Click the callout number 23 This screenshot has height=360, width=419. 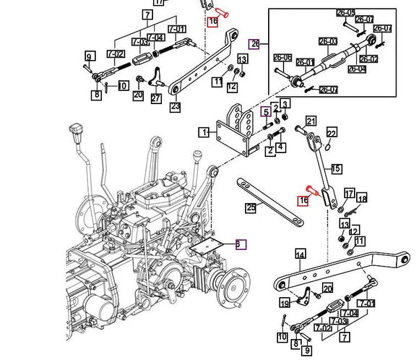point(175,107)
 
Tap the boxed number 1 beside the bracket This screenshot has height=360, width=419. point(205,132)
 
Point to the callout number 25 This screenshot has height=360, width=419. point(250,208)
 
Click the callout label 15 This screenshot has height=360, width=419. point(335,168)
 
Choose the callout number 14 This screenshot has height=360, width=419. point(300,254)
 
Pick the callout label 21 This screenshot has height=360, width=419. point(311,121)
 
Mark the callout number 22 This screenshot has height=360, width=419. point(332,134)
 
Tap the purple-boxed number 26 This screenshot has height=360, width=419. point(254,44)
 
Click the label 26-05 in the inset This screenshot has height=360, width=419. point(345,13)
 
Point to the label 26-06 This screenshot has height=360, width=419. point(283,57)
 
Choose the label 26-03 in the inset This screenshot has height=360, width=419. point(329,42)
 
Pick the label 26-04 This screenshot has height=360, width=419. point(356,69)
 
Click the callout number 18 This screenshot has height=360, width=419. point(362,198)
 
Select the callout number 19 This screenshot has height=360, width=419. point(285,303)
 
